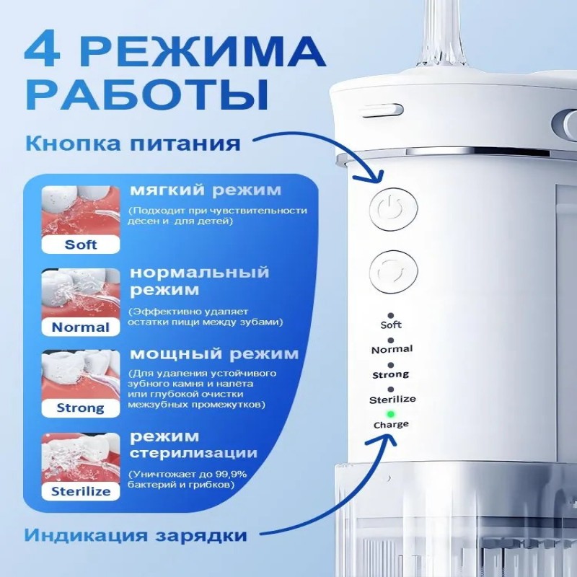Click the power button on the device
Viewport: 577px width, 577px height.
coord(393,209)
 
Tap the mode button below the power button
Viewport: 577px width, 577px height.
coord(393,272)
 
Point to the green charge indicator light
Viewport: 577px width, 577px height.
coord(391,414)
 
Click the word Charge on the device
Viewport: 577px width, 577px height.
coord(391,425)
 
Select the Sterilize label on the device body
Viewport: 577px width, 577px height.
coord(392,400)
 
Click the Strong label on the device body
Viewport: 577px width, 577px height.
coord(390,375)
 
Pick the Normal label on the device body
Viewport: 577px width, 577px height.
coord(392,349)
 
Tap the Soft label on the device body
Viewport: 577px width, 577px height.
coord(391,325)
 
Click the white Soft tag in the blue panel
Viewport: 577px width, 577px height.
coord(81,245)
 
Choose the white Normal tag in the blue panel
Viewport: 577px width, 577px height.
coord(81,327)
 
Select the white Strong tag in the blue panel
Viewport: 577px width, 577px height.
coord(81,408)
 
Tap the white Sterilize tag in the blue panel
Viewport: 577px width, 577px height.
coord(81,491)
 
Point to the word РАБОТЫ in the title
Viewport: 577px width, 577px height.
coord(146,94)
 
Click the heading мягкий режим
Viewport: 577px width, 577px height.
coord(206,190)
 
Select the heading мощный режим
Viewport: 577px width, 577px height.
coord(214,354)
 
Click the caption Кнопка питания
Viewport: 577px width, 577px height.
coord(133,143)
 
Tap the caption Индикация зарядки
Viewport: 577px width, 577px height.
coord(135,534)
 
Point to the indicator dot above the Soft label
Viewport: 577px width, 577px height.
coord(390,315)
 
